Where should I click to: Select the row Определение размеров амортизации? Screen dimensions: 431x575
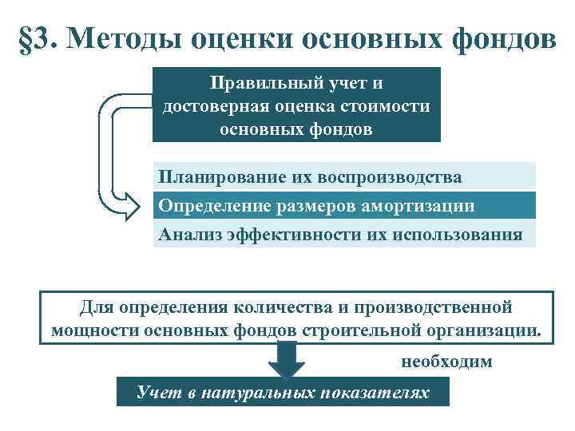click(x=343, y=205)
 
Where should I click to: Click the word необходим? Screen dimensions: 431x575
click(x=446, y=362)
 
